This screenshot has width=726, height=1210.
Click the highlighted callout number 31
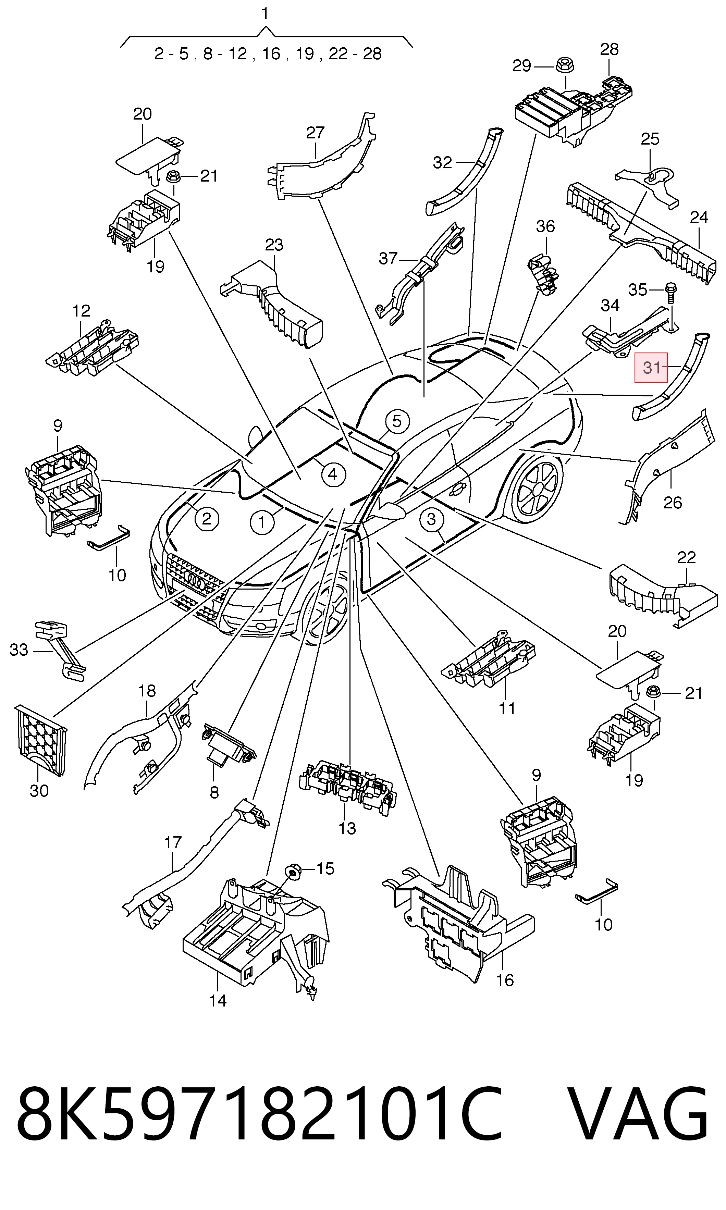(x=651, y=367)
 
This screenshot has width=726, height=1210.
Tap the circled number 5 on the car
(x=397, y=421)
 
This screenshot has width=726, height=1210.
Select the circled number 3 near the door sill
(x=431, y=519)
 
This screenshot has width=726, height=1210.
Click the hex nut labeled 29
(x=566, y=65)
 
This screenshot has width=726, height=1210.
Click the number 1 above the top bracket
(x=265, y=14)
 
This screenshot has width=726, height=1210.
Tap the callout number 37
(x=389, y=258)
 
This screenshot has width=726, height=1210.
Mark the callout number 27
(x=316, y=133)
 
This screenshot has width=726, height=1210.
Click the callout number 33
(x=19, y=650)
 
